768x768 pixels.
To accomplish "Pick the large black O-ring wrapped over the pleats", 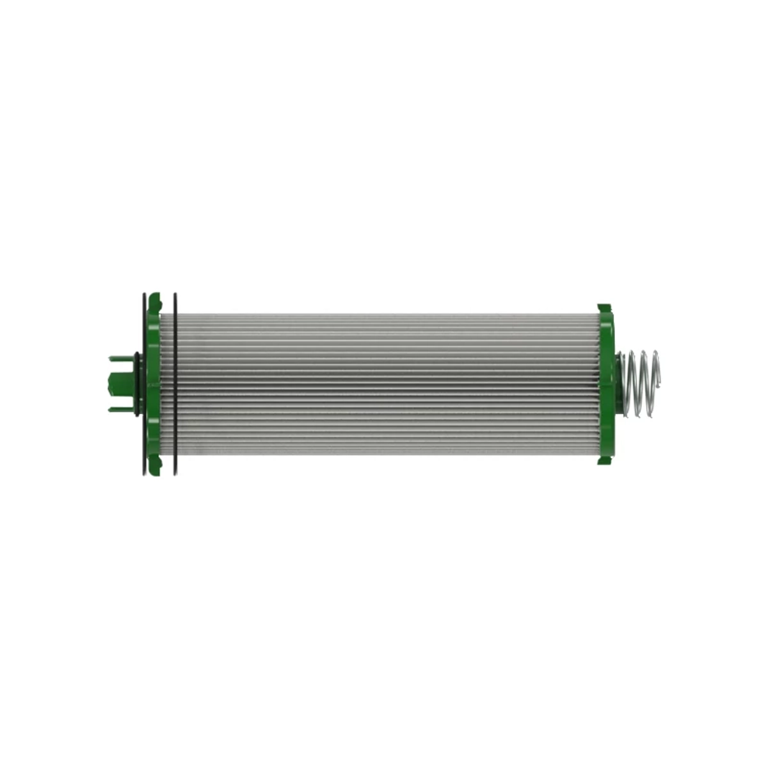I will [x=175, y=384].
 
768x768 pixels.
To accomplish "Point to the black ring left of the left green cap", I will [x=143, y=384].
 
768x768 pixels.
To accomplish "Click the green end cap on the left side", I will [x=154, y=384].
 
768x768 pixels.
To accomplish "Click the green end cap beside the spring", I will [x=606, y=384].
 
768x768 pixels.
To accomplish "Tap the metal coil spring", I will [x=640, y=382].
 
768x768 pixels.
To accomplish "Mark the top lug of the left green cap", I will [x=154, y=298].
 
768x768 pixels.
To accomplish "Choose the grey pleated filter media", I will [x=384, y=384].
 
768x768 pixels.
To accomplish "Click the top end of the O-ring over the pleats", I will [x=175, y=296].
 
